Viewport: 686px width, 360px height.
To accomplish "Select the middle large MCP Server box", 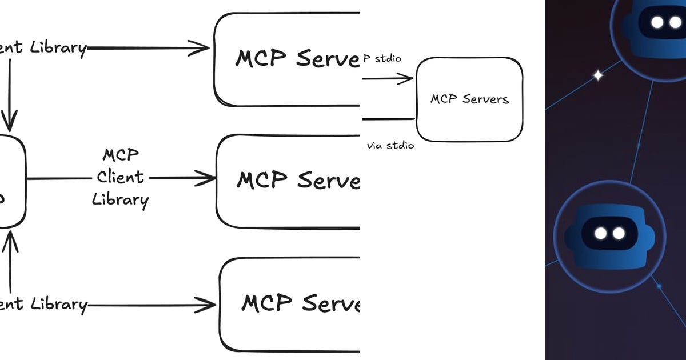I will [x=288, y=181].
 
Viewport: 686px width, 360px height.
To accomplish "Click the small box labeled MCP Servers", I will [x=469, y=99].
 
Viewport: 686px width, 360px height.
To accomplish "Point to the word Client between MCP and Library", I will [x=120, y=177].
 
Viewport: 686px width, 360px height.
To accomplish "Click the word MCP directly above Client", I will [x=121, y=155].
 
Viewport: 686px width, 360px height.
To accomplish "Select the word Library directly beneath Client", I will [x=120, y=199].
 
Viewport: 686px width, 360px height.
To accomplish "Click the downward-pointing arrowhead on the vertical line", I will [x=9, y=122].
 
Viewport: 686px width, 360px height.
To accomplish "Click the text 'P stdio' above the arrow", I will [x=384, y=58].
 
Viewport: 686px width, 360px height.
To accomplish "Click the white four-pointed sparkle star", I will [x=598, y=75].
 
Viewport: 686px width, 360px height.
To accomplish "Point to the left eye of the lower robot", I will [x=600, y=233].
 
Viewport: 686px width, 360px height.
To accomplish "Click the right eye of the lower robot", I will [x=618, y=233].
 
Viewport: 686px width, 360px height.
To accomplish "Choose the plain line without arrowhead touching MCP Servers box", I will [x=389, y=119].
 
